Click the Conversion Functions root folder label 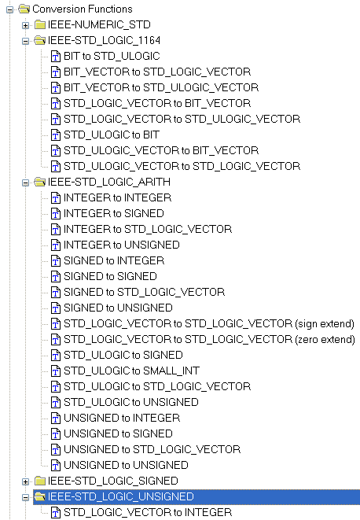83,9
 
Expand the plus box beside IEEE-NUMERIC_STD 25,25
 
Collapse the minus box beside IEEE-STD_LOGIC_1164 25,41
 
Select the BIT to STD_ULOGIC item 112,56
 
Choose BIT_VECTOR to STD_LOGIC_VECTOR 157,72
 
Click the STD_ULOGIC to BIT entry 112,135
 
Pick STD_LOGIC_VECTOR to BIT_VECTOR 157,103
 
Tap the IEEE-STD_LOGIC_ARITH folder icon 40,182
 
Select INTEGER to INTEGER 117,197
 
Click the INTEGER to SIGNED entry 114,213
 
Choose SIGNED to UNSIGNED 118,308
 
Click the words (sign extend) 325,323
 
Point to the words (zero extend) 325,340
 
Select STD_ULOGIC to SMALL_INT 131,371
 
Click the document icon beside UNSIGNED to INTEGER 55,419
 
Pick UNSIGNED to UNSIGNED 126,465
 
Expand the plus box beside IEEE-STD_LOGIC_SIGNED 25,481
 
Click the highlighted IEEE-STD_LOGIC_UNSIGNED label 121,496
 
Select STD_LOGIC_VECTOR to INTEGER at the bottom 148,512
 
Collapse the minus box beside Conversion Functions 9,9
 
